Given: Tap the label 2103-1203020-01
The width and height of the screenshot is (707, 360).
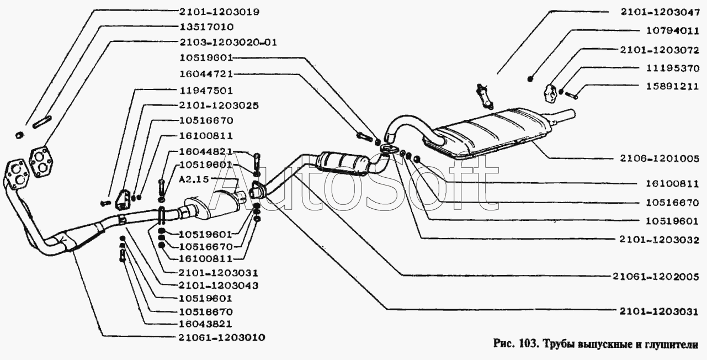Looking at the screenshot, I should pos(228,41).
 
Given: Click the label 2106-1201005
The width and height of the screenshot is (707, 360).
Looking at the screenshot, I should pos(657,159).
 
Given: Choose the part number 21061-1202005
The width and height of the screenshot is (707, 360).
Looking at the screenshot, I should pos(657,276).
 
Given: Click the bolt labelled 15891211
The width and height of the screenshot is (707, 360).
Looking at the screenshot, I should pos(572,96).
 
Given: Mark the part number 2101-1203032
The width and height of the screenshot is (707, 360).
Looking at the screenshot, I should pos(657,240).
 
